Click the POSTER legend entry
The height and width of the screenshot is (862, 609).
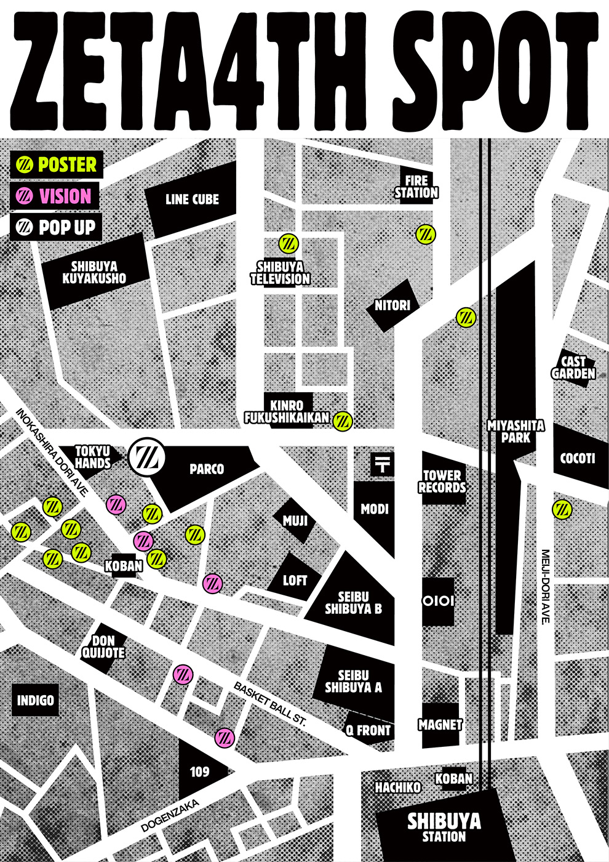[56, 165]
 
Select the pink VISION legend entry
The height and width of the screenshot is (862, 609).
[54, 196]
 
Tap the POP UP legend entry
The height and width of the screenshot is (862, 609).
[56, 227]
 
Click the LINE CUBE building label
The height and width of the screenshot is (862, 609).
[192, 199]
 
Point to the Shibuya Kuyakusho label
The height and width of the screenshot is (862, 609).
[94, 273]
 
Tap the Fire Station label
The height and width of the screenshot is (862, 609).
[416, 187]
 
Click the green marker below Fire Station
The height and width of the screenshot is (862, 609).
[426, 234]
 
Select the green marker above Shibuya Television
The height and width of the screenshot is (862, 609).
[288, 243]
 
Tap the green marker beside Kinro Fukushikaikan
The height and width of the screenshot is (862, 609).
[343, 421]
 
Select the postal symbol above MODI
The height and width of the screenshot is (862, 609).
[382, 464]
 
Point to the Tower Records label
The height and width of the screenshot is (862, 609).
[442, 481]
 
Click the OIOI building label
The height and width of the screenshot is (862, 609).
[438, 601]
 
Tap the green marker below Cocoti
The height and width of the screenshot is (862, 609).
[562, 509]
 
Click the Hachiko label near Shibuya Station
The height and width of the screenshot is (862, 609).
[398, 787]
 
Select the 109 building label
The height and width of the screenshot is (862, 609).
[199, 772]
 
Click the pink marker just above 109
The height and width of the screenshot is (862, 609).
[225, 736]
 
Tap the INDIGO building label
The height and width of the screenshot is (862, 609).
[36, 701]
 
